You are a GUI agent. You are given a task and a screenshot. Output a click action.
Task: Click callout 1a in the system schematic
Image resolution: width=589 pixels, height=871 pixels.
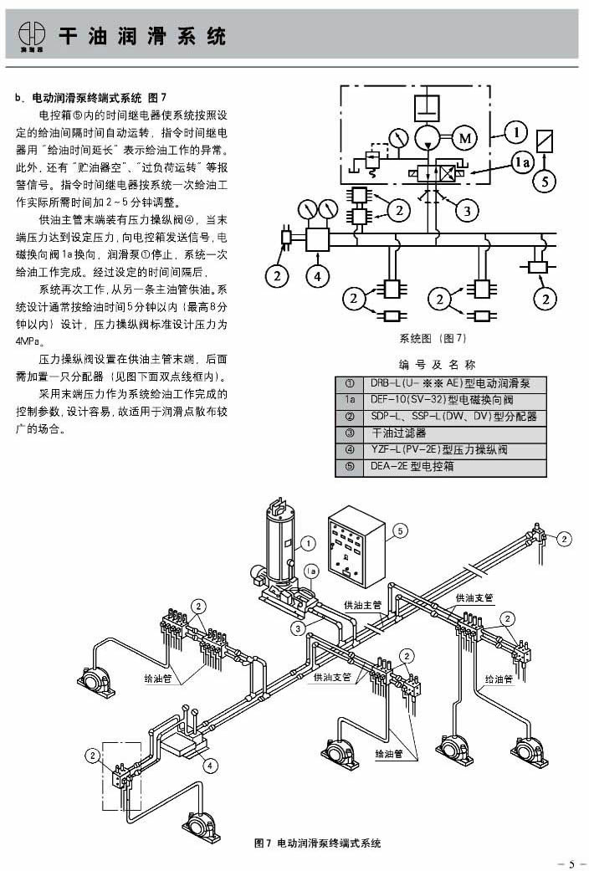(523, 164)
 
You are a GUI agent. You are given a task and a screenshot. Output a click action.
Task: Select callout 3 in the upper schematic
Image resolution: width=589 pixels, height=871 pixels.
(467, 210)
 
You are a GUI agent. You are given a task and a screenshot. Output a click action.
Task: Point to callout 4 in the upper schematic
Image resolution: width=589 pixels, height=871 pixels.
(317, 274)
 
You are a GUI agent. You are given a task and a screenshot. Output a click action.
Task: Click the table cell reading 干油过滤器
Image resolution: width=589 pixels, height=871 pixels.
(399, 433)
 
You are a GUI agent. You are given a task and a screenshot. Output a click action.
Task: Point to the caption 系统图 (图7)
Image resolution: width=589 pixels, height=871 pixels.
(433, 339)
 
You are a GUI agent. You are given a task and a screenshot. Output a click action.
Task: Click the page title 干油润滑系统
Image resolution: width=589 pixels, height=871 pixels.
(142, 37)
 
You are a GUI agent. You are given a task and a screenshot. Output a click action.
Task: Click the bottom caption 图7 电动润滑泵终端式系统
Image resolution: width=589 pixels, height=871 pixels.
(317, 843)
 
